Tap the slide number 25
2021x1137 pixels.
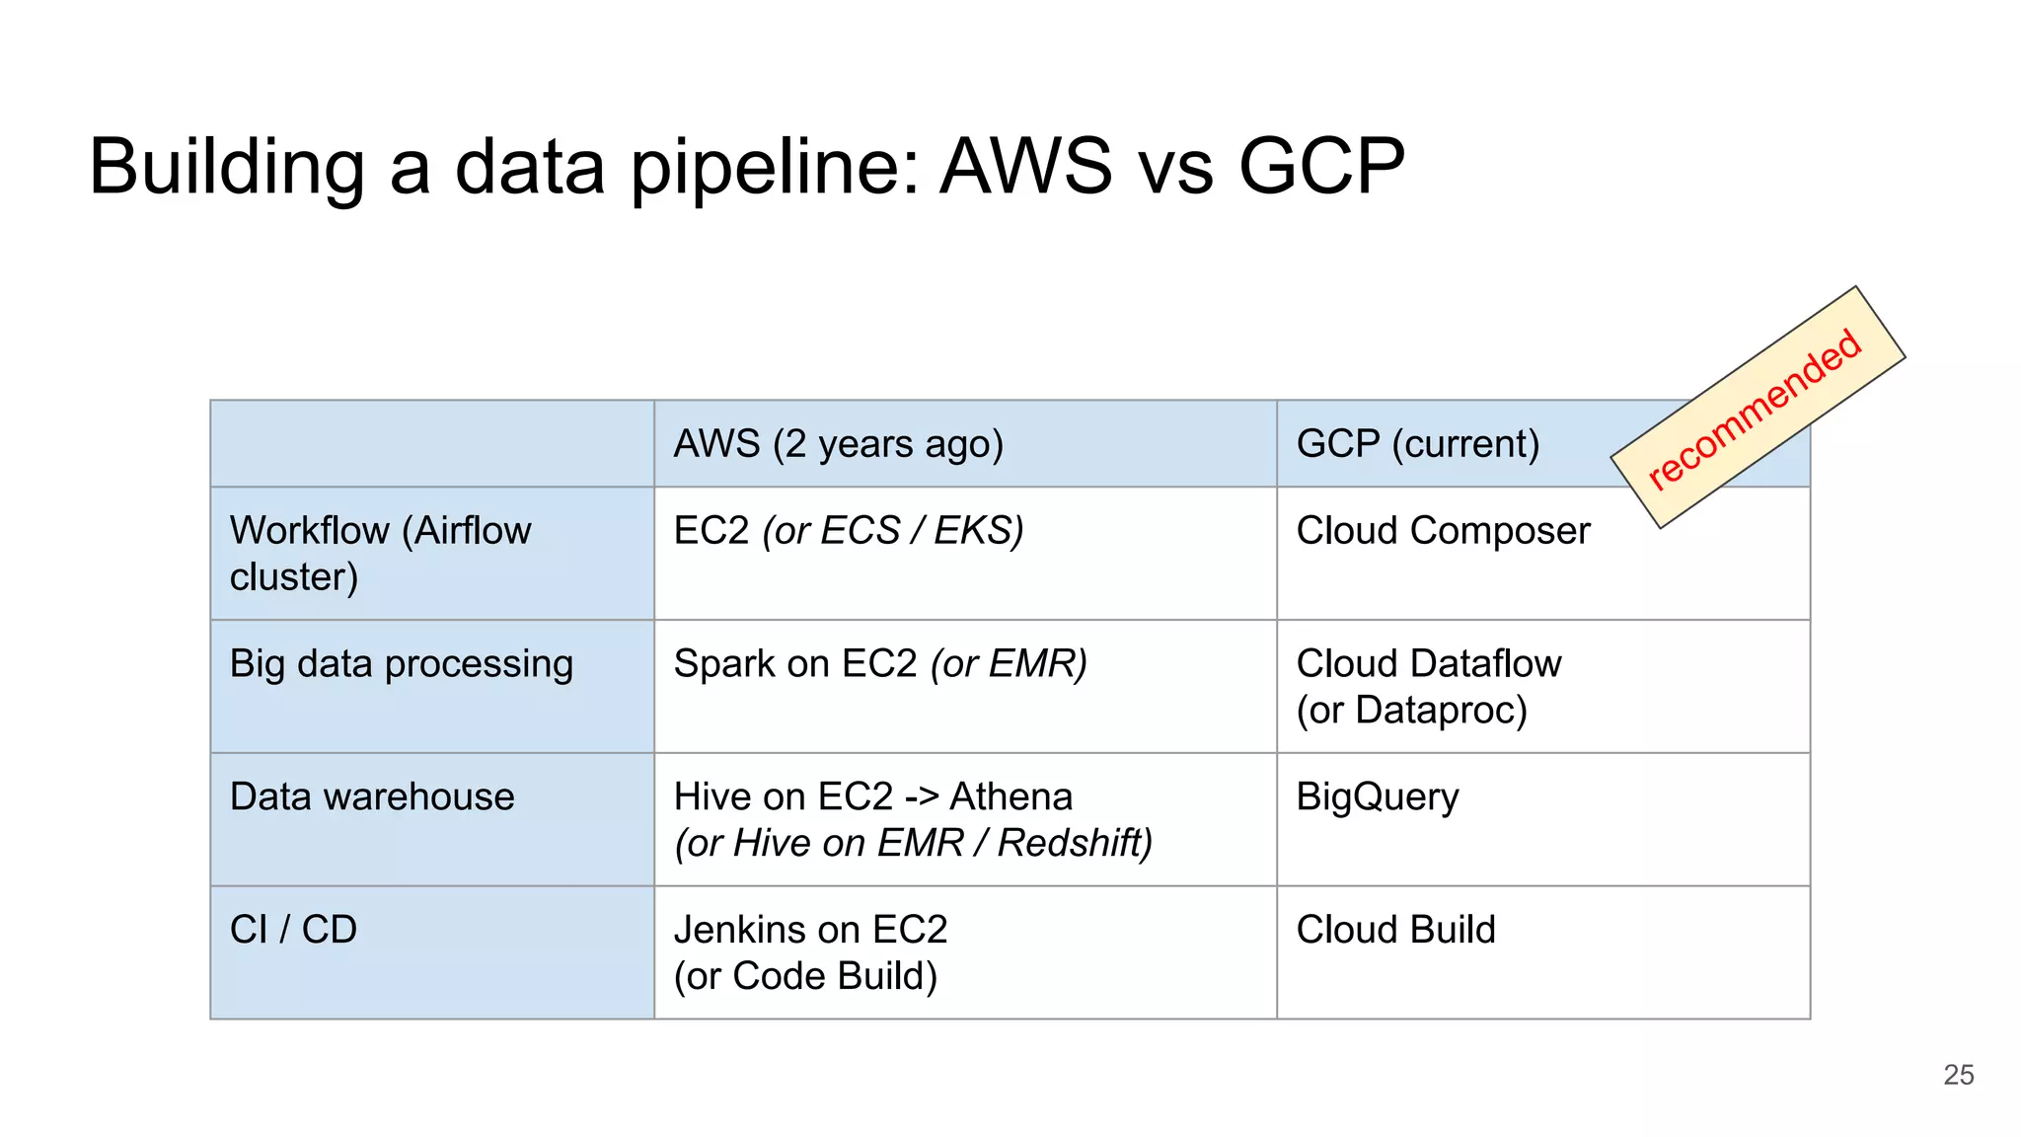coord(1958,1075)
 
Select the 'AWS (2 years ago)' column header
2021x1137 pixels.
coord(838,444)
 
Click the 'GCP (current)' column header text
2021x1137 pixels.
coord(1417,444)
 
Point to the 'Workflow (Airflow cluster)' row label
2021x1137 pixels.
coord(380,553)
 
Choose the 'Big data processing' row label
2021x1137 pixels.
coord(401,664)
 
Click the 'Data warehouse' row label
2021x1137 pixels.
coord(372,796)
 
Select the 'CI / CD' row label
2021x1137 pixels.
coord(293,930)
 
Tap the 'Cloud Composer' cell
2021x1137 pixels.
coord(1443,531)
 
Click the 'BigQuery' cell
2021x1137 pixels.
coord(1377,797)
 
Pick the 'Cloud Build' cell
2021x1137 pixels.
coord(1395,930)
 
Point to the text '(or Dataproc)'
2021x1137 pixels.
coord(1411,711)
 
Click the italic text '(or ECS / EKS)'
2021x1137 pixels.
coord(892,531)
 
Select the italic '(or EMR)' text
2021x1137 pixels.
coord(1009,664)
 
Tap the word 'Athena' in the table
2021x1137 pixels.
coord(1010,796)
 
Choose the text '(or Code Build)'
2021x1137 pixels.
coord(805,976)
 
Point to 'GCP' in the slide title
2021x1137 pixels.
coord(1321,166)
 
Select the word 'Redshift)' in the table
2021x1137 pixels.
coord(1075,844)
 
